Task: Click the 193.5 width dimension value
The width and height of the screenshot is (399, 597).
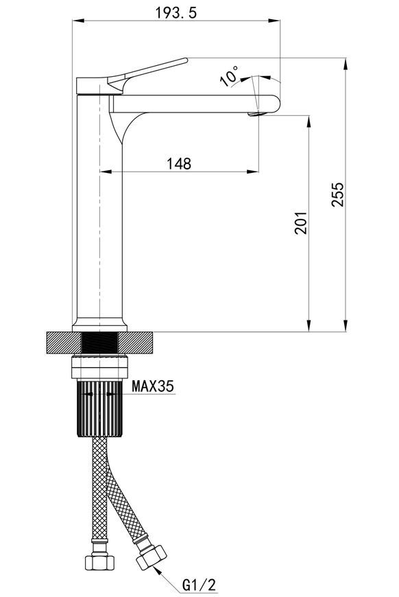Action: [176, 13]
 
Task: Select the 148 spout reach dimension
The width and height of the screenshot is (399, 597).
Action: [179, 164]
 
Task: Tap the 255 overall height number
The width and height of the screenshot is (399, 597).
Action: [337, 195]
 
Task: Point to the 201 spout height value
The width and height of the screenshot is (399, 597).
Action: [301, 223]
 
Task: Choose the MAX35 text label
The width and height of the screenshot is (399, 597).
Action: [152, 386]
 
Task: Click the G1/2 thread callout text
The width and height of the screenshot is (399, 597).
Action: [199, 585]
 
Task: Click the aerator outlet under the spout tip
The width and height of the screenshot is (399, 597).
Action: [256, 113]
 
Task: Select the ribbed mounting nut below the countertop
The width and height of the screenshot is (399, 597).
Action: [99, 408]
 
